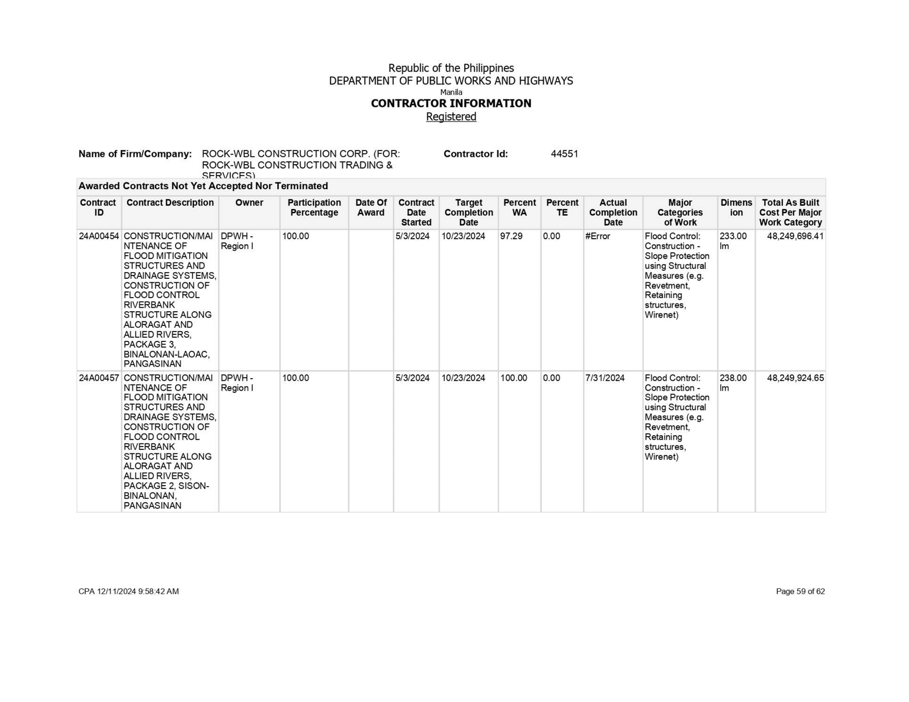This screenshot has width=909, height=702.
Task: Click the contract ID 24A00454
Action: (x=99, y=236)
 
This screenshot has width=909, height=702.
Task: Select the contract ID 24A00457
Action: (x=99, y=378)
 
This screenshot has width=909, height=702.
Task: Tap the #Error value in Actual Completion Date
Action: (x=598, y=236)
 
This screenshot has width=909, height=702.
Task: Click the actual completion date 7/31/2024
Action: (x=605, y=378)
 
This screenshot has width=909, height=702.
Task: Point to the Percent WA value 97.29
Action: (x=511, y=236)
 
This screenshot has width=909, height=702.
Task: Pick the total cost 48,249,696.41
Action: (x=795, y=236)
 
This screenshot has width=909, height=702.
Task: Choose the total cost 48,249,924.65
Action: (x=795, y=378)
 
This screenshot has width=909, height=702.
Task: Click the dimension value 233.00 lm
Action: (x=733, y=241)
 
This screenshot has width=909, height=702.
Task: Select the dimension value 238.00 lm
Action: (x=733, y=383)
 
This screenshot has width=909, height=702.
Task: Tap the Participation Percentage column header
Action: (x=314, y=207)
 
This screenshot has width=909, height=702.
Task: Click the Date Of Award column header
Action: (x=371, y=207)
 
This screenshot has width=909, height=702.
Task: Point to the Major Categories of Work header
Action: (x=680, y=212)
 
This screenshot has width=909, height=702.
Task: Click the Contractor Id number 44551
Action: (x=564, y=154)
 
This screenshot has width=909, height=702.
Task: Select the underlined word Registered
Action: (x=451, y=116)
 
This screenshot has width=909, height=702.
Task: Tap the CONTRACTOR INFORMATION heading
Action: (x=451, y=103)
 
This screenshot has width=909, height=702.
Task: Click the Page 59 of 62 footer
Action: (x=800, y=591)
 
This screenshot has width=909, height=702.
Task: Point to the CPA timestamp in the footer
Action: (x=128, y=591)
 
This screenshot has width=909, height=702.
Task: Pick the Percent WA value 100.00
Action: (x=514, y=378)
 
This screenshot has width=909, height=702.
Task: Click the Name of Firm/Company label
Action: (x=135, y=154)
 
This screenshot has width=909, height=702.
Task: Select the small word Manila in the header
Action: (x=451, y=92)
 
